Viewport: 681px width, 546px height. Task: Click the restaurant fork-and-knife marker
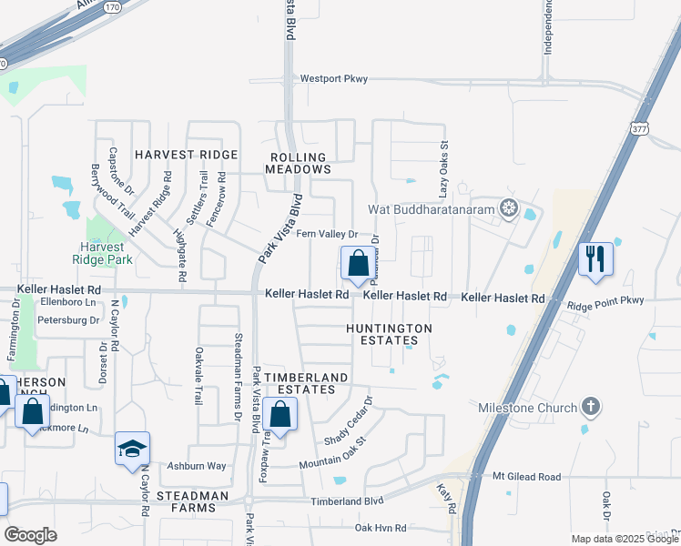(595, 258)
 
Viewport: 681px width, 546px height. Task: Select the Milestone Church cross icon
(591, 407)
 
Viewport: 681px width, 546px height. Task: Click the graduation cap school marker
(132, 448)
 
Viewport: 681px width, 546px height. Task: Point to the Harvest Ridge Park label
(107, 253)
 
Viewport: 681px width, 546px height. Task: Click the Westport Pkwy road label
(334, 79)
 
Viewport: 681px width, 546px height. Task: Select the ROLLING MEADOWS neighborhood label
(298, 163)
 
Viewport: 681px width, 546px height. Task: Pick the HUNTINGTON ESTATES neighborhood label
(389, 334)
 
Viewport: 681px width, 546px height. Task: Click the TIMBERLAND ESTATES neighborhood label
(300, 383)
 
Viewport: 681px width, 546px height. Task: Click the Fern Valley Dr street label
(327, 234)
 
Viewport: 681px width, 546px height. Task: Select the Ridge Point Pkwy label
(605, 300)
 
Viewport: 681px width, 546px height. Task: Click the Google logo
(31, 534)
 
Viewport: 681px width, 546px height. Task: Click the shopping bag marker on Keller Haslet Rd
(358, 264)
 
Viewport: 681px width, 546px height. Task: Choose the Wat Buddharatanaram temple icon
(508, 209)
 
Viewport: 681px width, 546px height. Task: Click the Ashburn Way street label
(196, 466)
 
